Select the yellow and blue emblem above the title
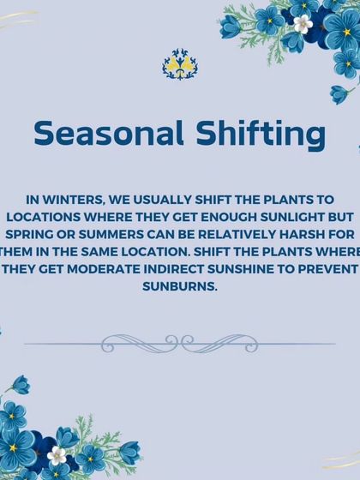[x=179, y=64]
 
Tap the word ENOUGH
[x=224, y=213]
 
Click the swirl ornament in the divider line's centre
[x=179, y=344]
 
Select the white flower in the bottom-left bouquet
[x=57, y=455]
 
